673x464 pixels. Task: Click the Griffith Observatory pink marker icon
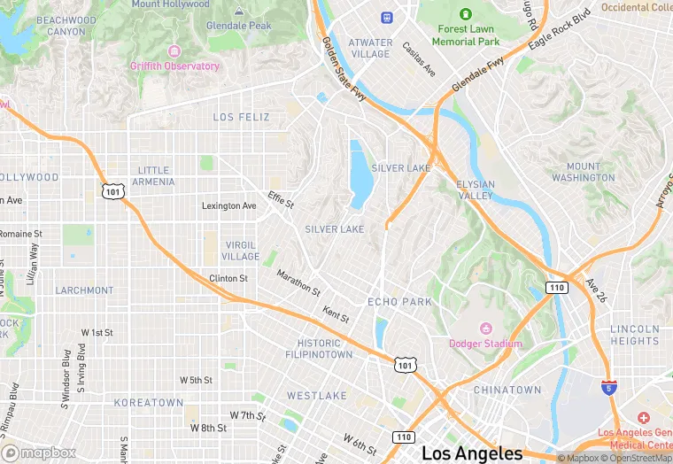pyautogui.click(x=173, y=51)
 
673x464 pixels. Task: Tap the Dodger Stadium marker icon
pyautogui.click(x=485, y=329)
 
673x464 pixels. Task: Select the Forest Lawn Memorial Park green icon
pyautogui.click(x=467, y=14)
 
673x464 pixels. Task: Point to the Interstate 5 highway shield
pyautogui.click(x=608, y=387)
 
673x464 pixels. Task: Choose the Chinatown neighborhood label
pyautogui.click(x=507, y=390)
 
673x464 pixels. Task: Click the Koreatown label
pyautogui.click(x=148, y=402)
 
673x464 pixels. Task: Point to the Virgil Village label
pyautogui.click(x=240, y=251)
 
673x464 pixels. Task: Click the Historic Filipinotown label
pyautogui.click(x=319, y=349)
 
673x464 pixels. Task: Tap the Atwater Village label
pyautogui.click(x=370, y=48)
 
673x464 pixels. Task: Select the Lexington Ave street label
pyautogui.click(x=228, y=205)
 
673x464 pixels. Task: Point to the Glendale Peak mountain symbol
pyautogui.click(x=239, y=12)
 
